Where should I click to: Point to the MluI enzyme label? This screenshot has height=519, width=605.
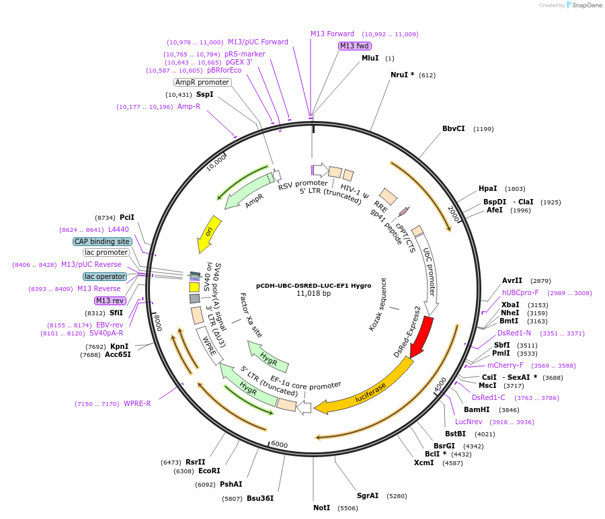pyautogui.click(x=370, y=58)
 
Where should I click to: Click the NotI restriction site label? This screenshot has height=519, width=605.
pyautogui.click(x=321, y=508)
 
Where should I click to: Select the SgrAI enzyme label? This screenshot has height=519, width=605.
pyautogui.click(x=367, y=495)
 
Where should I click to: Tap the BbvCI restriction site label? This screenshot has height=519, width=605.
pyautogui.click(x=453, y=128)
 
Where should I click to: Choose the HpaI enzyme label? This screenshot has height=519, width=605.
pyautogui.click(x=487, y=189)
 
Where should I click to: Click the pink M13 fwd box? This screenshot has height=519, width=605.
pyautogui.click(x=354, y=46)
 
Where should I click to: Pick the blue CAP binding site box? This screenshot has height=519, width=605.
pyautogui.click(x=102, y=241)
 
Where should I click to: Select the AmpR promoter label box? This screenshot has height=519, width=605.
pyautogui.click(x=202, y=82)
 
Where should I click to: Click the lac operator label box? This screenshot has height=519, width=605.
pyautogui.click(x=105, y=276)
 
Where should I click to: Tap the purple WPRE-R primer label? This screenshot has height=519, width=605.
pyautogui.click(x=137, y=403)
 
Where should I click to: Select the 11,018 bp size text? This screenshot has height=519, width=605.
pyautogui.click(x=313, y=293)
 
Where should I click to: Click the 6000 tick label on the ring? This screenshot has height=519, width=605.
pyautogui.click(x=279, y=445)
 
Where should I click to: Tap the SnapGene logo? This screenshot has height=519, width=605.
pyautogui.click(x=583, y=5)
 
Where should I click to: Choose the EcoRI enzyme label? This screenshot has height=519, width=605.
pyautogui.click(x=209, y=471)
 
